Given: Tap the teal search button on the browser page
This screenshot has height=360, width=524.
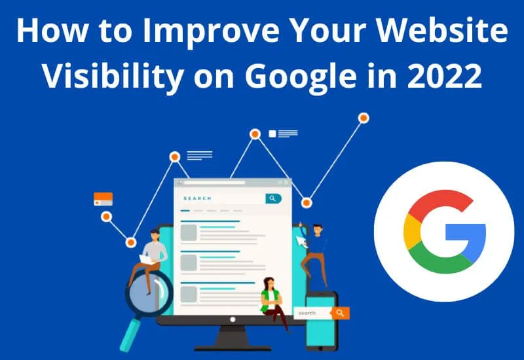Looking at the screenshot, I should point(272,198).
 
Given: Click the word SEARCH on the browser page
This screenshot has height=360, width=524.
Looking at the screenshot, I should point(197,198).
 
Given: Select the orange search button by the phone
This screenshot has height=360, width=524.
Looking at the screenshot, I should point(339,313).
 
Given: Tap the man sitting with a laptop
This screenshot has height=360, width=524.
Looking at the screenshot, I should point(151,255).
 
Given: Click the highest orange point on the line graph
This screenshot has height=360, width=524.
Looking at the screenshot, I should point(363,118).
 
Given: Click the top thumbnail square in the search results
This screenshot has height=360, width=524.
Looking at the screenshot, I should point(189,232).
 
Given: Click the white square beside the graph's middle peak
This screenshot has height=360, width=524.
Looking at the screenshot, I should point(272,134).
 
